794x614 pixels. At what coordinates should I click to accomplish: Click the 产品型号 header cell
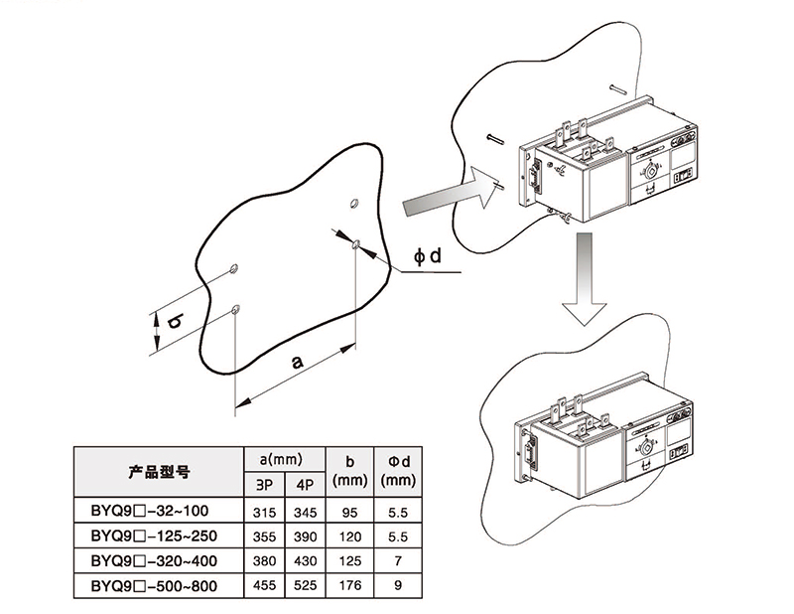[x=159, y=472]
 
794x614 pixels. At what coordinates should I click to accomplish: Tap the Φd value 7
[x=397, y=561]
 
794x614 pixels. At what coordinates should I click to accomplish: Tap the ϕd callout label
[x=427, y=257]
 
